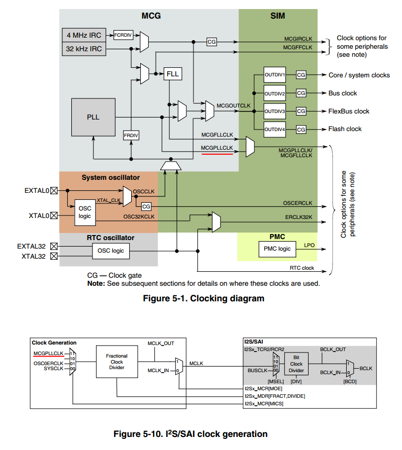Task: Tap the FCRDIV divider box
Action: (x=122, y=35)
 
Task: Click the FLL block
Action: (x=172, y=74)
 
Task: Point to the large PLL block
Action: (x=93, y=117)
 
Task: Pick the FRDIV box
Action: (x=131, y=136)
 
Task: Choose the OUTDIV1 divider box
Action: (x=275, y=75)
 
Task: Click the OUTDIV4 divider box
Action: (x=275, y=129)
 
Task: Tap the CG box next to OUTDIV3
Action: (x=301, y=111)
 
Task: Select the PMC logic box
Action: (x=277, y=249)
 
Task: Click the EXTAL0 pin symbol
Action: (x=54, y=190)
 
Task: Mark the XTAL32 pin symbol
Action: (x=54, y=257)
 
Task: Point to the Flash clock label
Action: (x=345, y=129)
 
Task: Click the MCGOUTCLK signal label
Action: (x=233, y=106)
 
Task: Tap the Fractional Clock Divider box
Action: (x=117, y=361)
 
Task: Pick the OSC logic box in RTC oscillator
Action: (x=112, y=251)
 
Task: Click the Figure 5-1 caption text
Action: (x=204, y=299)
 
